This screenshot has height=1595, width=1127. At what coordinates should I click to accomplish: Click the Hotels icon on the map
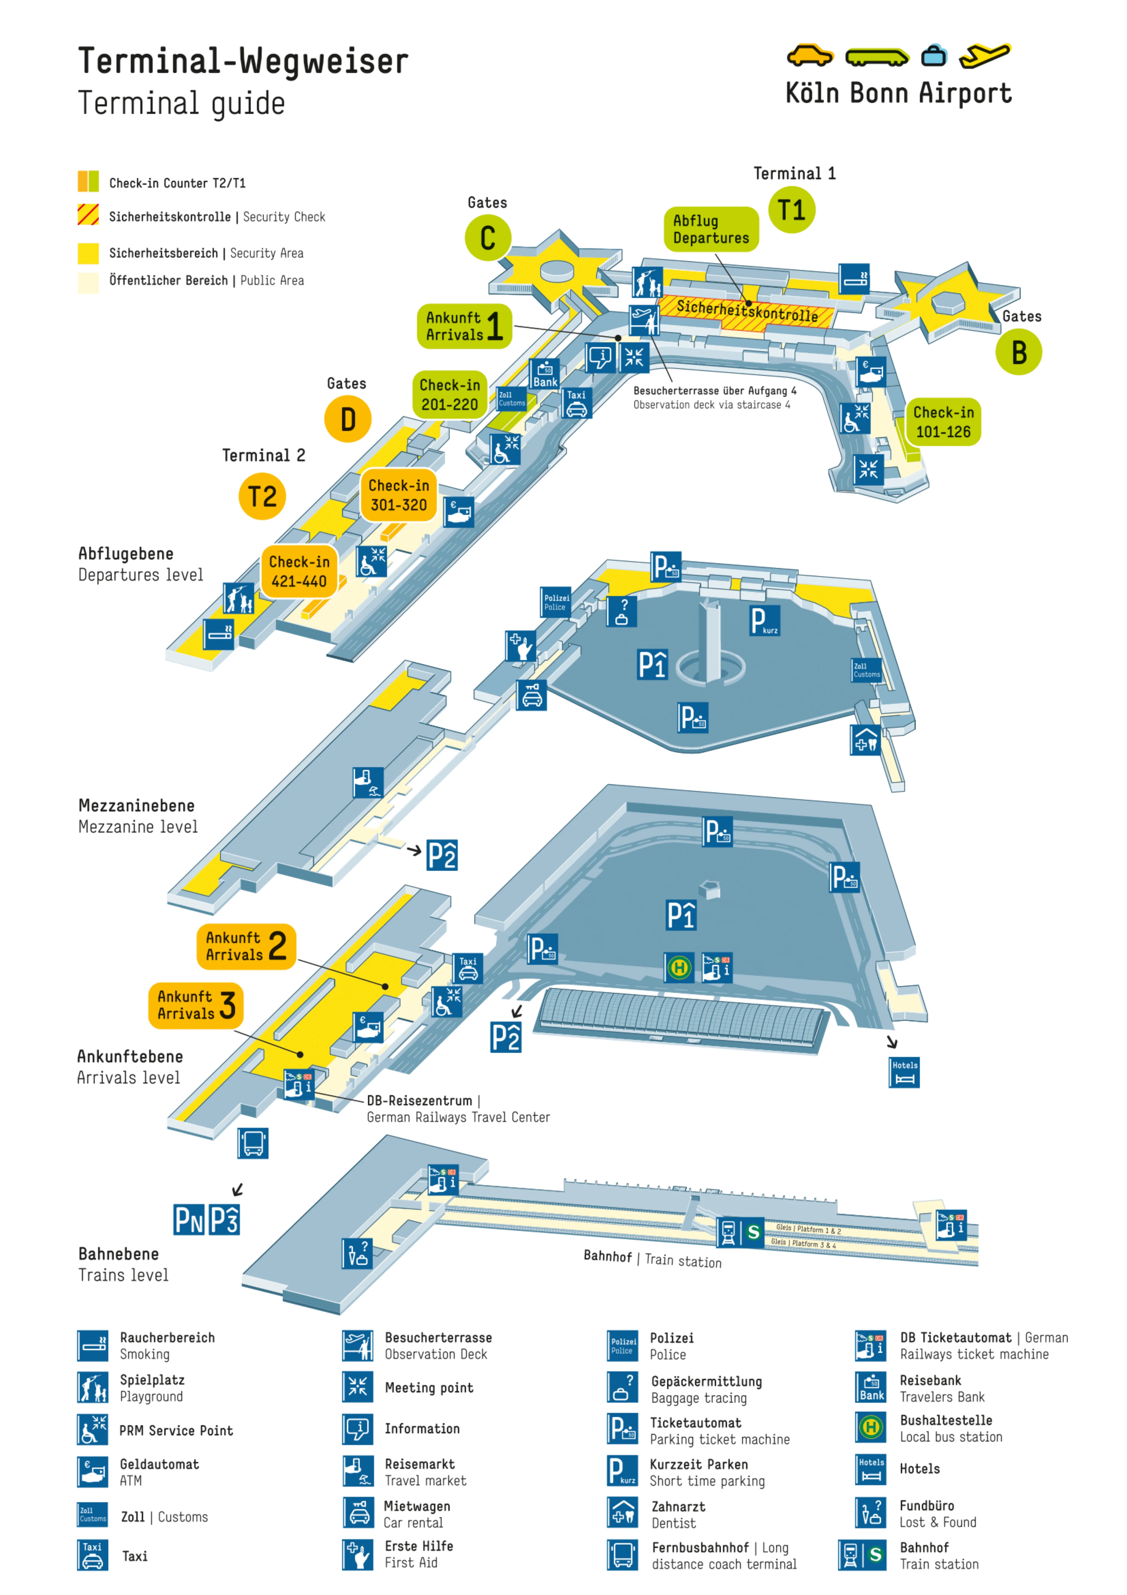[904, 1072]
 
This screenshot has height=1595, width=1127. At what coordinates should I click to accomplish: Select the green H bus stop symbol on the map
[679, 967]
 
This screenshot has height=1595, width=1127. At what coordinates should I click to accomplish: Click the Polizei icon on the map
[556, 602]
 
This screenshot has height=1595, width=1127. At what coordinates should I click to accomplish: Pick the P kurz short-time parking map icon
[764, 620]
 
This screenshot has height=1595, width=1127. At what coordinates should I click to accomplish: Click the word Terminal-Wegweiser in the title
[243, 61]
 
